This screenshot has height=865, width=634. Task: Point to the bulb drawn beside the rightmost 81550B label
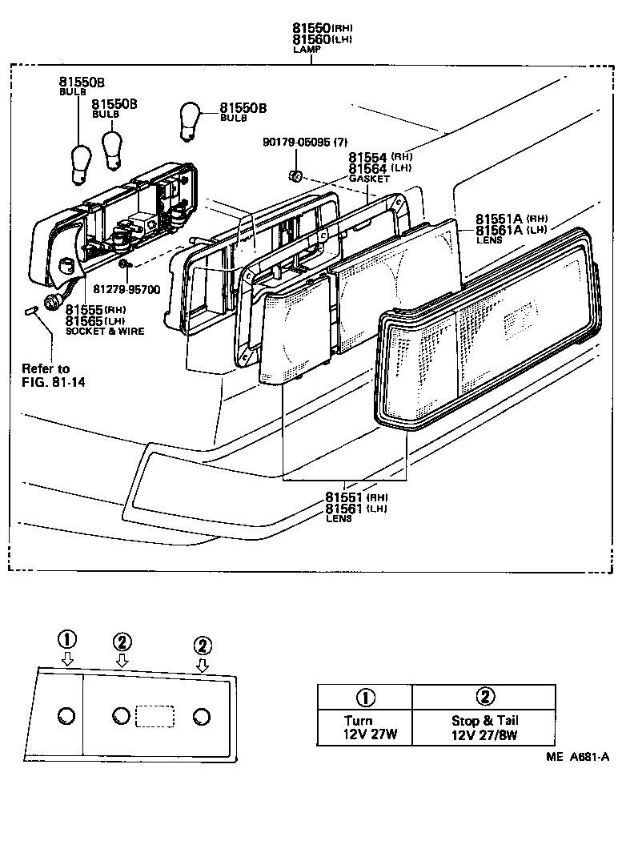[191, 119]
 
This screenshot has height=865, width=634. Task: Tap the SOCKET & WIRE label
[105, 332]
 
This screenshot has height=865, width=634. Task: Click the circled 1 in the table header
[365, 696]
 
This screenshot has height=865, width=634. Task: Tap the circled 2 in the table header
[485, 696]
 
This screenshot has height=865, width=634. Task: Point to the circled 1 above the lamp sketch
[68, 639]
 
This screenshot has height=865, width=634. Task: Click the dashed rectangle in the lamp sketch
[158, 715]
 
